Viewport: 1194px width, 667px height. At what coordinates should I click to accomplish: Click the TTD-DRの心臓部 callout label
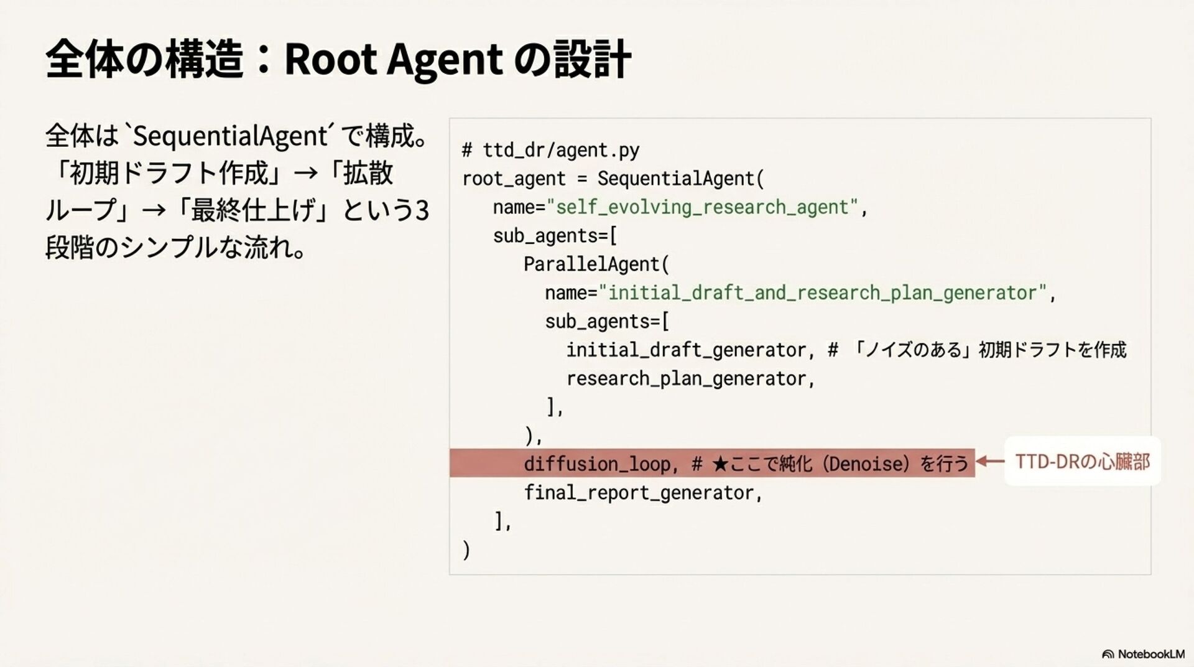pyautogui.click(x=1082, y=462)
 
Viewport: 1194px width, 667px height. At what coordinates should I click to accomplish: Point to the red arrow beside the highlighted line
pyautogui.click(x=989, y=462)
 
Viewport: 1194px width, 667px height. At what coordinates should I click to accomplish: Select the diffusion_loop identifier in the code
pyautogui.click(x=596, y=464)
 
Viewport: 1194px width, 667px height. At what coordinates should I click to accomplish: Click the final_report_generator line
pyautogui.click(x=642, y=493)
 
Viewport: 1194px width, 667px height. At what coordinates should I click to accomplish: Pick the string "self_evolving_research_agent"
pyautogui.click(x=703, y=207)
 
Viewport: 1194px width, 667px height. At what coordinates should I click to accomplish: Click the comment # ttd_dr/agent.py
pyautogui.click(x=550, y=150)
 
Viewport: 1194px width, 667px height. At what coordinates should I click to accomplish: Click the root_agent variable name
pyautogui.click(x=514, y=179)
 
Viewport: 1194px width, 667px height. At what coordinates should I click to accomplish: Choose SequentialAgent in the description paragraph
pyautogui.click(x=230, y=136)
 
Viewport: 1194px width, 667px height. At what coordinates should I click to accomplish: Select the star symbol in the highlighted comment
pyautogui.click(x=720, y=464)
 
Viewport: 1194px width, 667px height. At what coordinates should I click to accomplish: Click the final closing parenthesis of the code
pyautogui.click(x=466, y=550)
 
